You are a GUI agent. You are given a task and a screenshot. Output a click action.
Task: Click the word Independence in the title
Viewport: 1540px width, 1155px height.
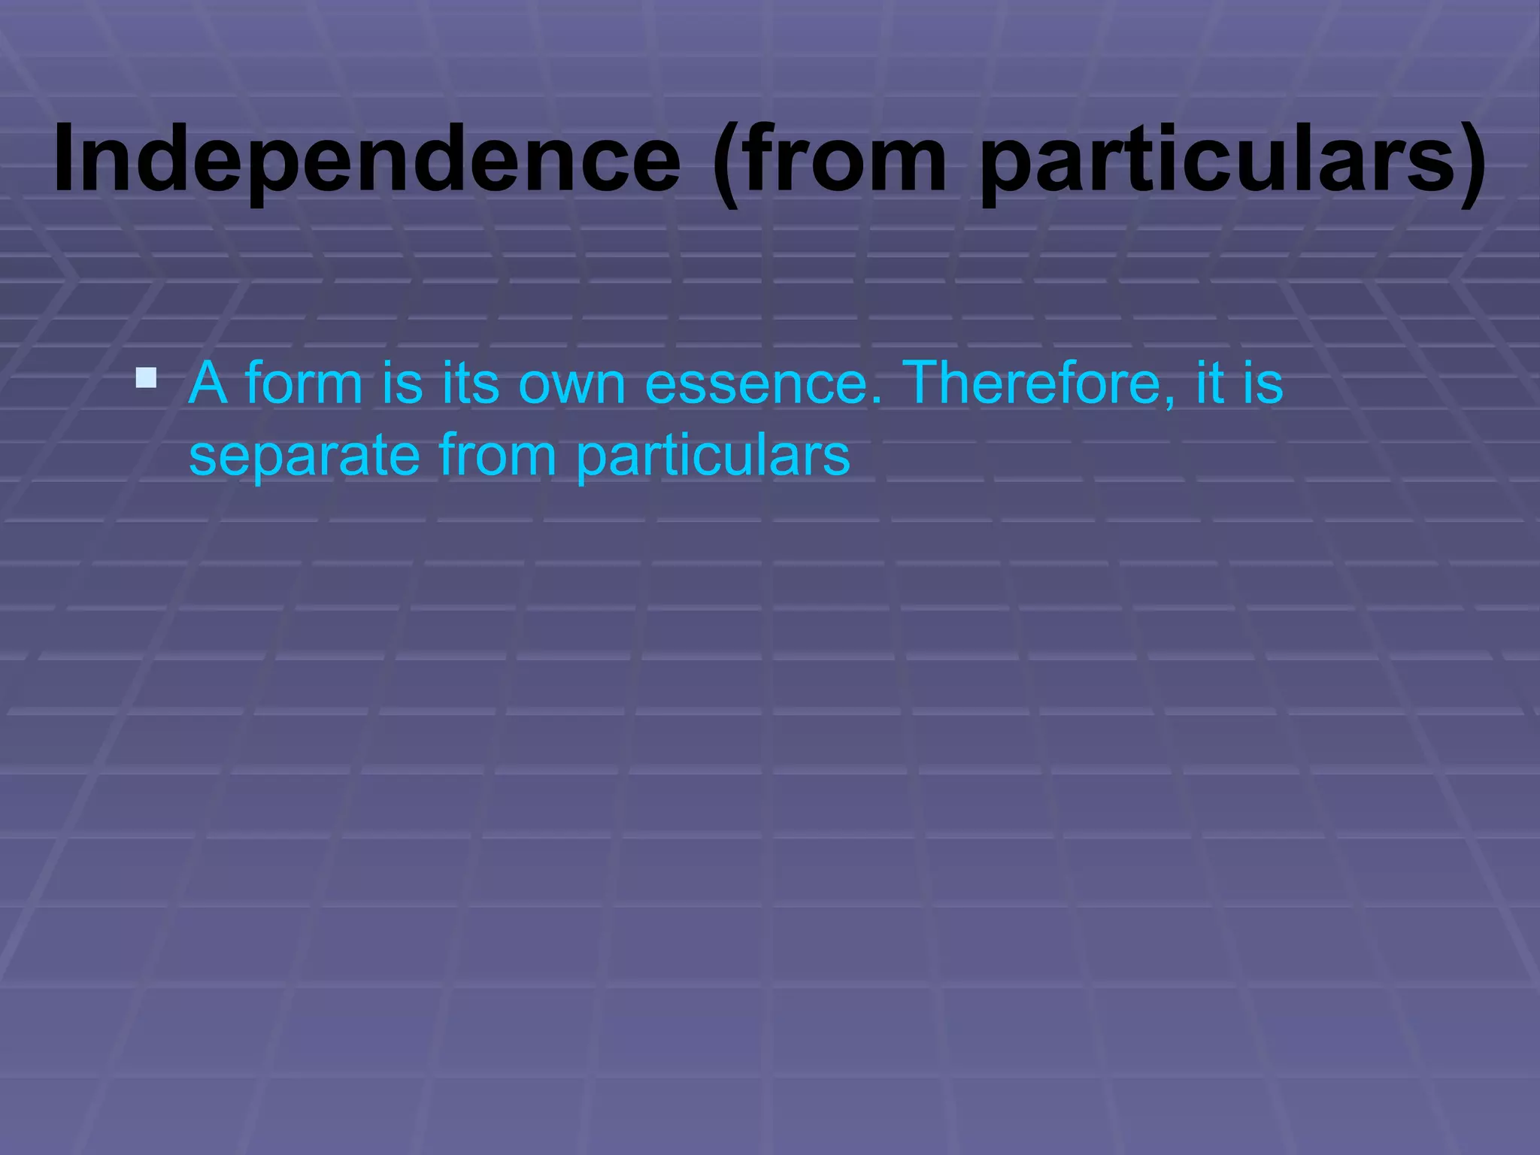pos(367,160)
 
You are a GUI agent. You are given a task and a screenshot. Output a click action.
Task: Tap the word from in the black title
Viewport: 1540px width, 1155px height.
pos(845,160)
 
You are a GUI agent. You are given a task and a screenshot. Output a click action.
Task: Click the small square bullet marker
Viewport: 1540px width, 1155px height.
pos(146,377)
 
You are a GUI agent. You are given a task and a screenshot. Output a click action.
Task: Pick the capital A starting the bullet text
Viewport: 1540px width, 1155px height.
pos(208,383)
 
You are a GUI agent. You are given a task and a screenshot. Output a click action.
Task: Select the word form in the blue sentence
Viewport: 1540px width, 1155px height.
pos(304,383)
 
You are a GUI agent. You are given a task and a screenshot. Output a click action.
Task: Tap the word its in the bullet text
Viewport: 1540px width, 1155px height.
pos(470,383)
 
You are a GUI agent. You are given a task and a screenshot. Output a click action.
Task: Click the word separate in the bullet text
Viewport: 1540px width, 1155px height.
pos(304,455)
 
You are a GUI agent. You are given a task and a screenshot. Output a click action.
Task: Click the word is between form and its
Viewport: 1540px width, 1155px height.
pos(402,383)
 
